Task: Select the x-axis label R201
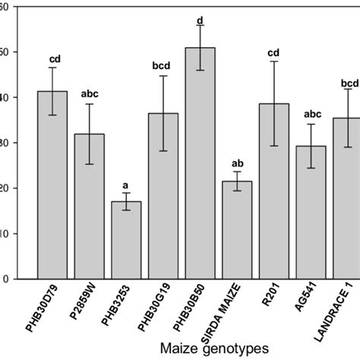272,299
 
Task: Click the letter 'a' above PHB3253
126,185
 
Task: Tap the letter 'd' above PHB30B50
200,20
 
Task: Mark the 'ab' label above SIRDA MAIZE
237,163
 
